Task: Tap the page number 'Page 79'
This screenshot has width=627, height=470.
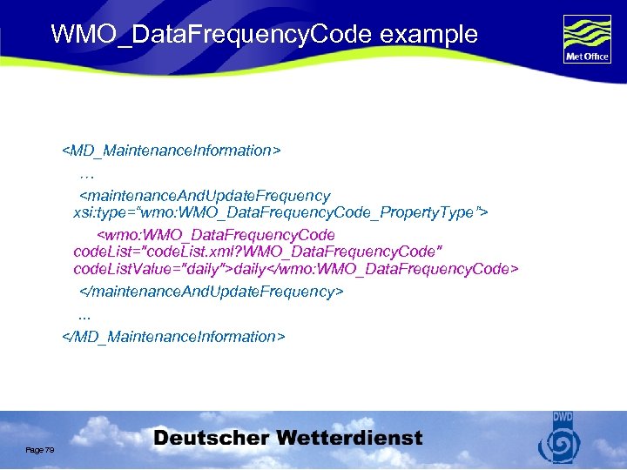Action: (x=40, y=449)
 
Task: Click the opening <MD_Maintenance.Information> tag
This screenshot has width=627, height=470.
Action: (x=172, y=151)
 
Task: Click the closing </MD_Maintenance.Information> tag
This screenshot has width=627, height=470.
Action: (x=173, y=336)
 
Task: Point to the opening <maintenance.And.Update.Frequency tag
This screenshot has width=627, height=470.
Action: (x=206, y=196)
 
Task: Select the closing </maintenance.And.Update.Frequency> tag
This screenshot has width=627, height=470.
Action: (x=212, y=291)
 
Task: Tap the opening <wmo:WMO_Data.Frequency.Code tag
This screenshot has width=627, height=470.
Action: (x=215, y=235)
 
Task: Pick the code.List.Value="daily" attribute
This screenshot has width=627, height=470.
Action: (x=153, y=269)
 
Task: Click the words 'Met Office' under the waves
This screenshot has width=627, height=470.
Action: (x=587, y=58)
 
